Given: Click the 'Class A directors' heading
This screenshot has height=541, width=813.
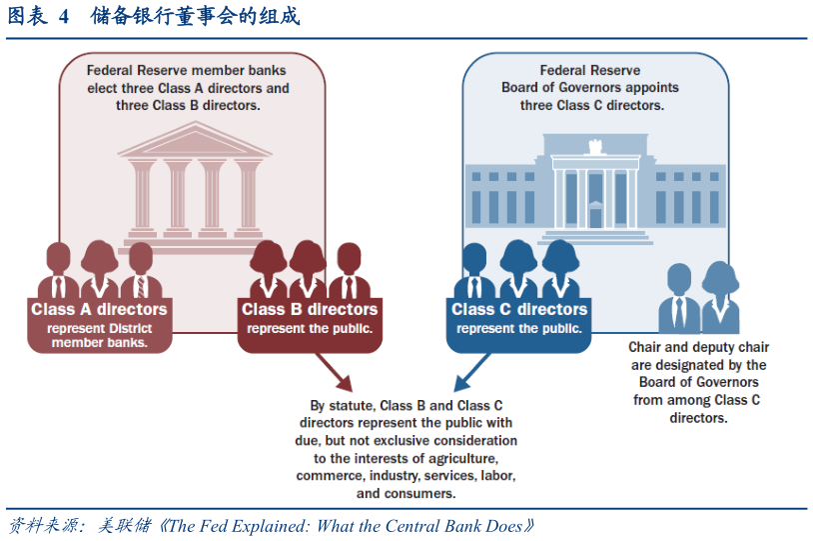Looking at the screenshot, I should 99,309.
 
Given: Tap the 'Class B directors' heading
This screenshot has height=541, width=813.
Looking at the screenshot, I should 310,309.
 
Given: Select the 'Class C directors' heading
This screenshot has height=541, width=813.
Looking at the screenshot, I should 519,309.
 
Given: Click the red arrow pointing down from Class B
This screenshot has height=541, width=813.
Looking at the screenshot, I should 340,376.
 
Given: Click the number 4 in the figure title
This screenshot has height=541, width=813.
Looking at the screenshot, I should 63,17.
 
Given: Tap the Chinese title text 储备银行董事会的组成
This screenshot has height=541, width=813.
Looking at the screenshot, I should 194,17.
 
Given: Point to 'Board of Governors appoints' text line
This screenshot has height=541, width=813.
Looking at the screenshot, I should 589,88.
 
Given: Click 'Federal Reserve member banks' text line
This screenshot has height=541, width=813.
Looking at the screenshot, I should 186,70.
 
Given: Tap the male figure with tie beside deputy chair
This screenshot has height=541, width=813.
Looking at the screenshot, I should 679,298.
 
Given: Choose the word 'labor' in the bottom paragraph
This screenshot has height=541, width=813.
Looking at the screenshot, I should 494,474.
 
